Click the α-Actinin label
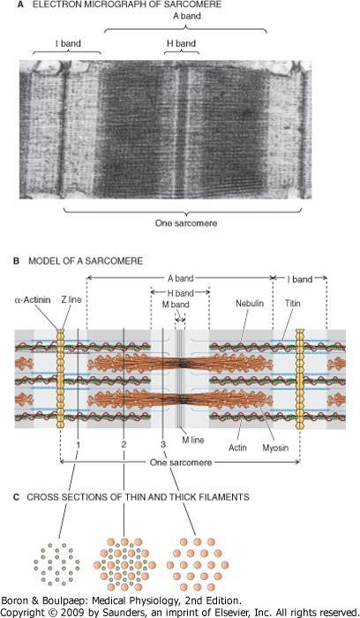tap(33, 300)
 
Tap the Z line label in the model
tap(71, 300)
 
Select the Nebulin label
tap(250, 304)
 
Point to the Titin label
tap(292, 304)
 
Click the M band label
tap(176, 305)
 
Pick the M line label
tap(192, 440)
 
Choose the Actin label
tap(237, 448)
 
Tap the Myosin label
tap(275, 448)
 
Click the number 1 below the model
tap(79, 444)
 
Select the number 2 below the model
tap(124, 444)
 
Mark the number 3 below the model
tap(163, 444)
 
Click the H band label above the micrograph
tap(181, 43)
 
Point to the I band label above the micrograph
tap(68, 43)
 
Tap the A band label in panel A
tap(187, 16)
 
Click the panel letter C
tap(16, 497)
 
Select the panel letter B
tap(16, 261)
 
